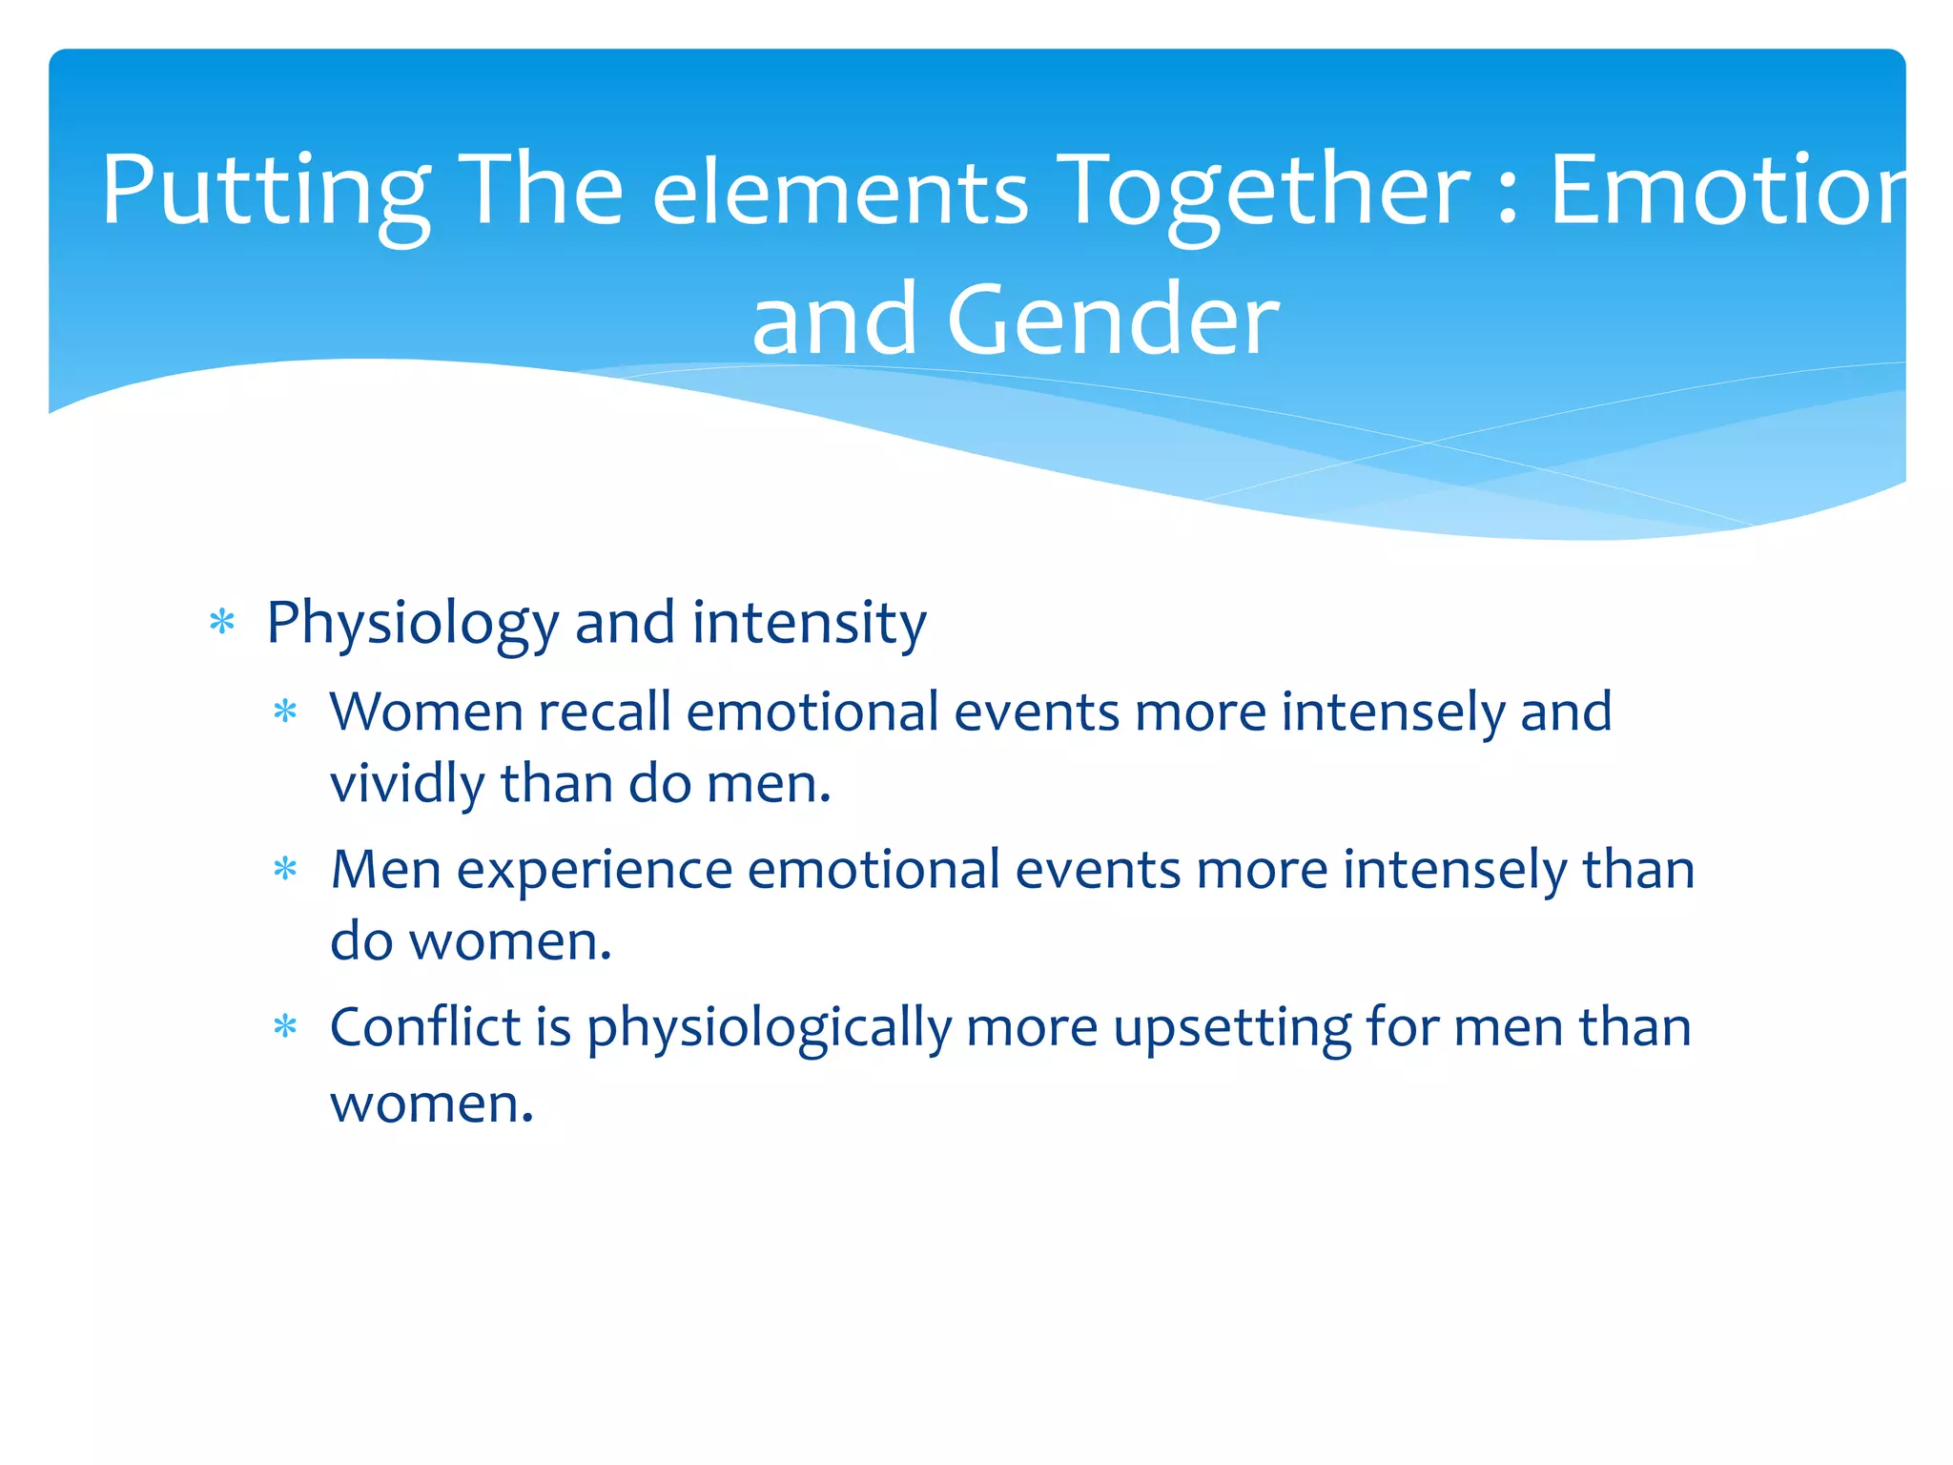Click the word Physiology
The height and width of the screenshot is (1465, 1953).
412,625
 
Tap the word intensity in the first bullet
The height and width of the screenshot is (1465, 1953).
809,625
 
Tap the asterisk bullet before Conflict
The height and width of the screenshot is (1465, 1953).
285,1028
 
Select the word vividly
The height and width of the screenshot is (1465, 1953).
407,785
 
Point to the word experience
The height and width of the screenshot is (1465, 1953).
594,871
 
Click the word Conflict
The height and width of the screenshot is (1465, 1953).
424,1028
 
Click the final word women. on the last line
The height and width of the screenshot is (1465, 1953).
431,1104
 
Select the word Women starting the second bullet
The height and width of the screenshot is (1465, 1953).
426,712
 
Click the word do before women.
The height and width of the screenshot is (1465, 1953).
361,942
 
